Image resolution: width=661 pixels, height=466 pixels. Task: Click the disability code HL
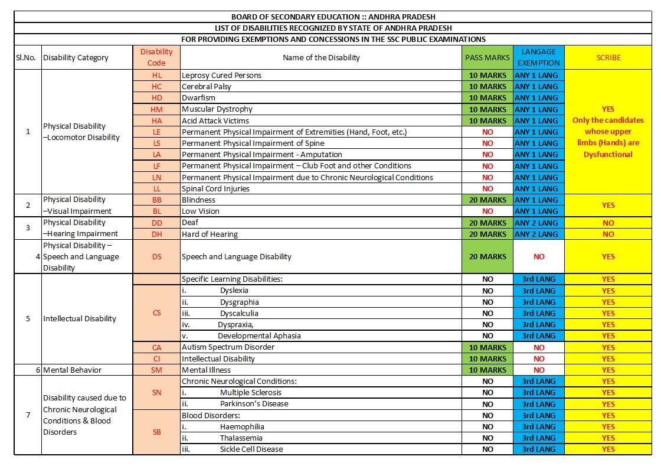[156, 75]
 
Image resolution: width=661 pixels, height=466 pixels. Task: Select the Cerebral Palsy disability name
[207, 86]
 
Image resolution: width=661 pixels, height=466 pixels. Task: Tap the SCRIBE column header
[608, 57]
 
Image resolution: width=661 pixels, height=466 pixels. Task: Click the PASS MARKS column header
[487, 57]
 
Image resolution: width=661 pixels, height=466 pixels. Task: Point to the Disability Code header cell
[156, 57]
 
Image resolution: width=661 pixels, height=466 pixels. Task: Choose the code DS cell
[156, 256]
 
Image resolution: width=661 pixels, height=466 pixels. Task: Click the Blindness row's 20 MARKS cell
[487, 200]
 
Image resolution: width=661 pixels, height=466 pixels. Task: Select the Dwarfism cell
[198, 97]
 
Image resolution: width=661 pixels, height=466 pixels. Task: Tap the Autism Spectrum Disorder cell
[228, 347]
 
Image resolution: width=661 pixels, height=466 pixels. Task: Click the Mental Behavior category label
[73, 370]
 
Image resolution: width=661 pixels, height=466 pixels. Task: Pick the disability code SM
[156, 370]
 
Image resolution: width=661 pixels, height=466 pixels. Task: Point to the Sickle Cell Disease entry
[251, 449]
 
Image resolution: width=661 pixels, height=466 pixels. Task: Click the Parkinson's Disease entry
[254, 404]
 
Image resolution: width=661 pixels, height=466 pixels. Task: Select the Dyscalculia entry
[239, 313]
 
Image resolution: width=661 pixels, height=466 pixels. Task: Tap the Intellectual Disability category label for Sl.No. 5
[80, 319]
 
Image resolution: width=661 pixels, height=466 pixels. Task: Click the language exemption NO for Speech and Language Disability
[538, 256]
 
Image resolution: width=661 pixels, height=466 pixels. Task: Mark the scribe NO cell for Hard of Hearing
[608, 234]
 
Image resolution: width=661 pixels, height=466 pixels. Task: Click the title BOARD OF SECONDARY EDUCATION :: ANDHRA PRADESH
[333, 17]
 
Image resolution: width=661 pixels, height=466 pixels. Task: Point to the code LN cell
[156, 177]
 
